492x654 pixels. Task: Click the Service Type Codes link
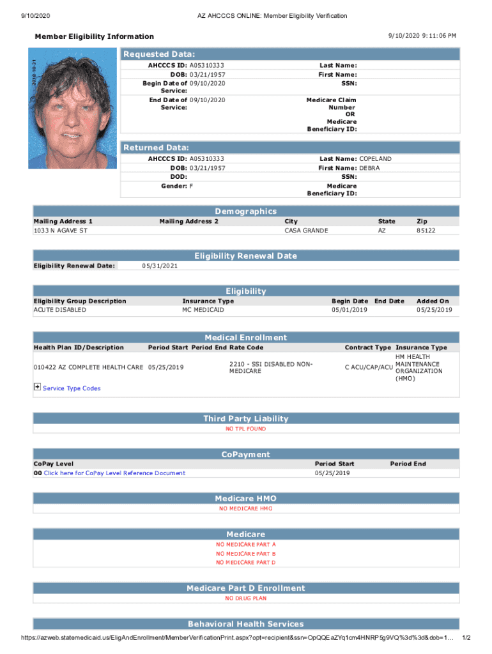(x=72, y=388)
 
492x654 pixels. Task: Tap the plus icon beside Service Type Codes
(x=37, y=388)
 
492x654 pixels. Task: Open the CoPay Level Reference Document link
(x=114, y=473)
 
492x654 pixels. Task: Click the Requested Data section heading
(x=159, y=54)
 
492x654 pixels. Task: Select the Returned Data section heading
(x=156, y=148)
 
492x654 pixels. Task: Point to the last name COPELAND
(x=376, y=158)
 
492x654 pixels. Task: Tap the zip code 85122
(x=426, y=230)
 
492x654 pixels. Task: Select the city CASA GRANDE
(x=306, y=230)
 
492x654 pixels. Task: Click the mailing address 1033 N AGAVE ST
(x=60, y=230)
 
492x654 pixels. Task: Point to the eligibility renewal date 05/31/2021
(x=160, y=266)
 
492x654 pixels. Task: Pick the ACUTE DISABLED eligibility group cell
(x=59, y=310)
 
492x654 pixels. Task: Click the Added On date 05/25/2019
(x=434, y=310)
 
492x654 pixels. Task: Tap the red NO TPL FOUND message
(x=246, y=429)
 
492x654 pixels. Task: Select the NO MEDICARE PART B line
(x=246, y=553)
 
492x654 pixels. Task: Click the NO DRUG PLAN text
(x=246, y=598)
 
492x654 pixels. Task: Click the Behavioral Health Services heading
(x=246, y=624)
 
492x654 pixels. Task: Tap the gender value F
(x=192, y=185)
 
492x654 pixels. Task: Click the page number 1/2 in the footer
(x=466, y=638)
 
